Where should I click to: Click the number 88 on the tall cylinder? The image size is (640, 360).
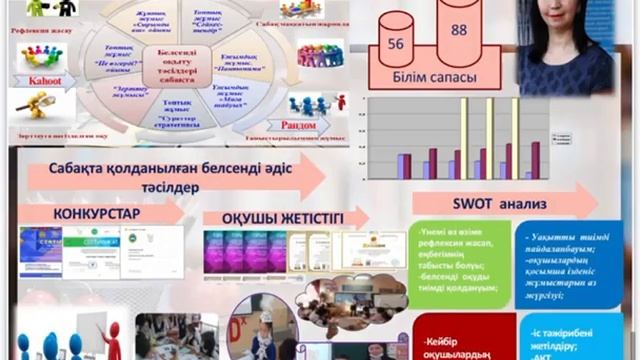pyautogui.click(x=459, y=30)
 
